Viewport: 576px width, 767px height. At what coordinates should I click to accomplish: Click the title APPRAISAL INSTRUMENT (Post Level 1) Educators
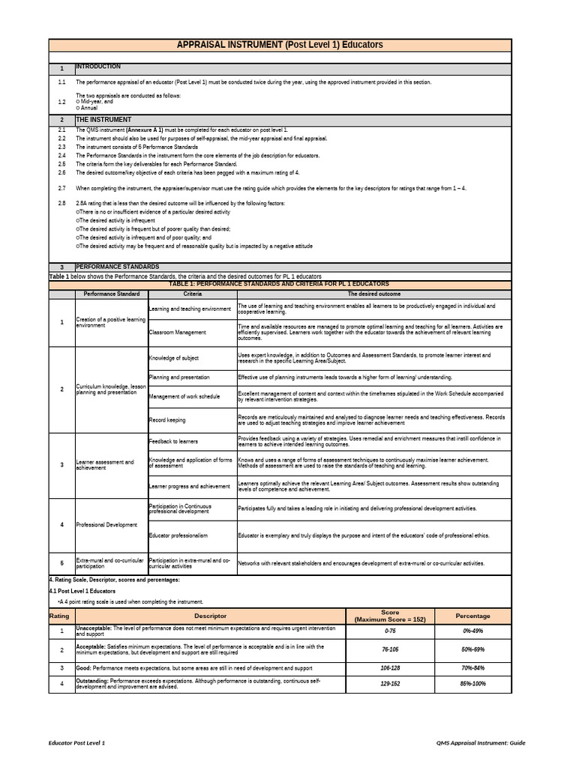pyautogui.click(x=279, y=45)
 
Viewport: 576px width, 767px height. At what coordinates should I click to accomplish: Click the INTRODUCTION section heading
pyautogui.click(x=97, y=67)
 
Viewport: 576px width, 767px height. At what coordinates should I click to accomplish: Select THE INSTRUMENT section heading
pyautogui.click(x=103, y=120)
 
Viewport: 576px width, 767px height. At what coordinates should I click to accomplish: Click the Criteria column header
pyautogui.click(x=191, y=294)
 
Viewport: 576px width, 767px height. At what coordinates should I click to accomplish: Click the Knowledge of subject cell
pyautogui.click(x=174, y=359)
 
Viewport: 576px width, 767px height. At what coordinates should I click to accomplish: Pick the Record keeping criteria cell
pyautogui.click(x=167, y=420)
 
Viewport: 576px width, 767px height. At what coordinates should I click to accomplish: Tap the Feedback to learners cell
pyautogui.click(x=175, y=441)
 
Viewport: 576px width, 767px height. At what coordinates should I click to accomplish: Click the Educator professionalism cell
pyautogui.click(x=178, y=536)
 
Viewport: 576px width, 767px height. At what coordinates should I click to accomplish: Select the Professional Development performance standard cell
pyautogui.click(x=107, y=525)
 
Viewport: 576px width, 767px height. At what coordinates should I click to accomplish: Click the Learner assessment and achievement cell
pyautogui.click(x=105, y=465)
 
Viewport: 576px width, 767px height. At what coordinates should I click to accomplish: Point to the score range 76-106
pyautogui.click(x=390, y=649)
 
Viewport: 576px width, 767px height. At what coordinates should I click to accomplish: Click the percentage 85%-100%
pyautogui.click(x=473, y=685)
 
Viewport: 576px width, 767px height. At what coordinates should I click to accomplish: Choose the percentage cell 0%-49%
pyautogui.click(x=473, y=632)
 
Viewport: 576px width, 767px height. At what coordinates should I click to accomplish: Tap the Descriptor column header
pyautogui.click(x=210, y=616)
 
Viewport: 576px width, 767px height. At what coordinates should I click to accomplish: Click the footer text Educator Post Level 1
pyautogui.click(x=77, y=742)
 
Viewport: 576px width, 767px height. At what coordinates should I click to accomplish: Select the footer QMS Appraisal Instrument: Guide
pyautogui.click(x=481, y=742)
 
